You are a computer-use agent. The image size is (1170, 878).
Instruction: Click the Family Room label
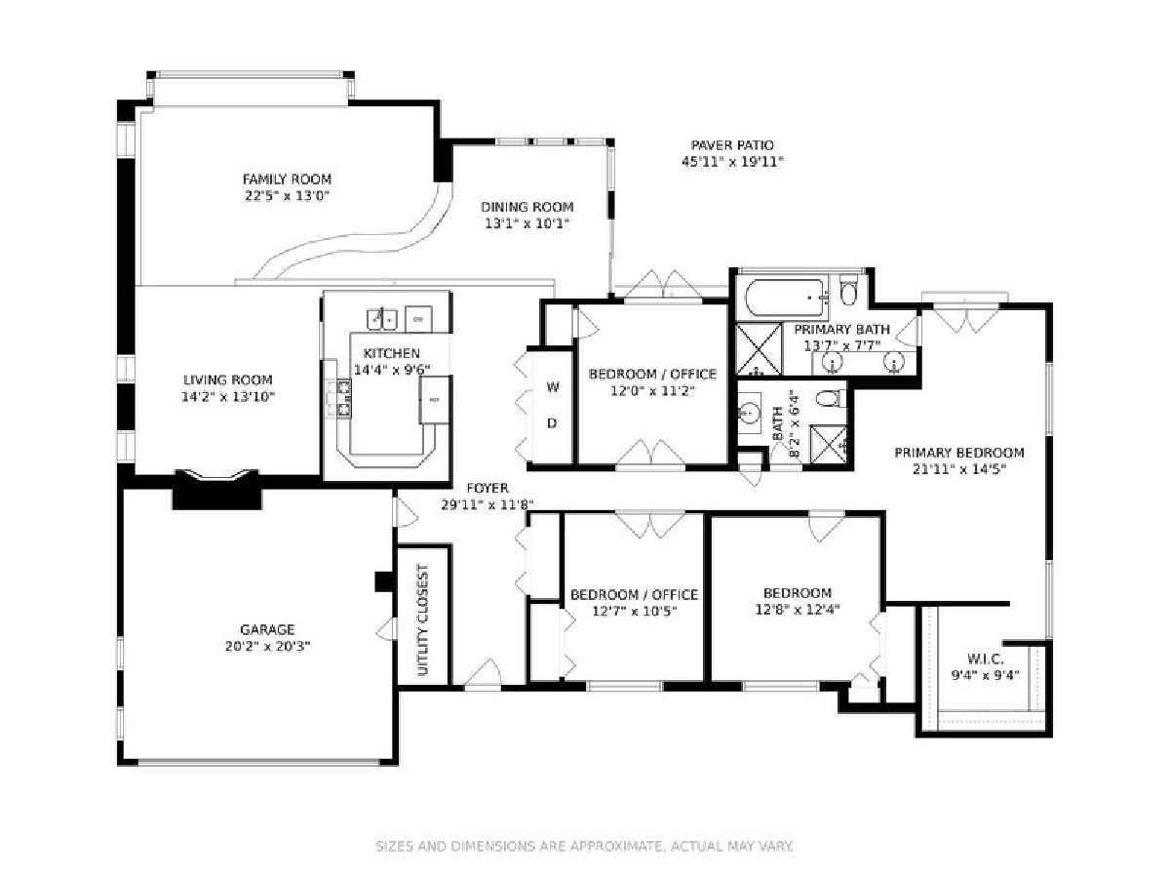coord(287,180)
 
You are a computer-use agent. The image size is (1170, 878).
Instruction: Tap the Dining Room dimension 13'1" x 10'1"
coord(527,223)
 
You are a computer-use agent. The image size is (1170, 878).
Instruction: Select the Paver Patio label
coord(732,145)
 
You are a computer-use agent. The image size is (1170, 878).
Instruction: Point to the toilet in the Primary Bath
coord(847,290)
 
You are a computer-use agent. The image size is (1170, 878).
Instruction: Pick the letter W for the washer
coord(553,387)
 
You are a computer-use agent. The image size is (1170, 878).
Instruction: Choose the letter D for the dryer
coord(552,423)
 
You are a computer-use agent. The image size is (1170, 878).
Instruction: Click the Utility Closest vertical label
coord(423,619)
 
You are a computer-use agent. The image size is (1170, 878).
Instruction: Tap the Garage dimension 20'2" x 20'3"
coord(267,647)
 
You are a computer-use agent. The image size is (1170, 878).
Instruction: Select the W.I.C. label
coord(985,658)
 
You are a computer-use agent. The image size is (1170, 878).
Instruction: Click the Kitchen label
coord(391,353)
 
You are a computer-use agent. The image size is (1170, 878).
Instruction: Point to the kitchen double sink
coord(381,319)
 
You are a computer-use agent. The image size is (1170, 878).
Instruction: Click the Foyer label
coord(487,488)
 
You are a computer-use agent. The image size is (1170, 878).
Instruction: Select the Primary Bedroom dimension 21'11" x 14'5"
coord(959,469)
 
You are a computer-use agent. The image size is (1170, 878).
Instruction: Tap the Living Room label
coord(227,380)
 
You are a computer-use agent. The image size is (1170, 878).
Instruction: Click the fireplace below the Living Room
coord(216,490)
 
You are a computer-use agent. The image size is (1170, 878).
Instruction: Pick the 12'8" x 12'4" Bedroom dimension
coord(798,609)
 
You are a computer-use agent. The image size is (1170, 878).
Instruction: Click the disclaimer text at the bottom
coord(585,846)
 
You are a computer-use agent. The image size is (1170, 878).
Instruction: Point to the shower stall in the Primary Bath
coord(759,348)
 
